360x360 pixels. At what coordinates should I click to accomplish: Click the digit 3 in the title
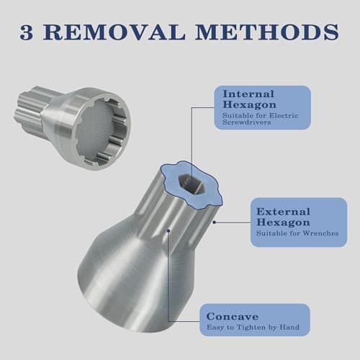[x=30, y=33]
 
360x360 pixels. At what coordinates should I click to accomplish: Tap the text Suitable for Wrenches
[x=295, y=233]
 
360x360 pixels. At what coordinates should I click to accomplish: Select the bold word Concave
[x=232, y=316]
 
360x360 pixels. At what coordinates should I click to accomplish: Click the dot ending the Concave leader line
[x=168, y=231]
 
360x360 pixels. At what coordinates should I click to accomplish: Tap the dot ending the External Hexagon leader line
[x=215, y=222]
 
